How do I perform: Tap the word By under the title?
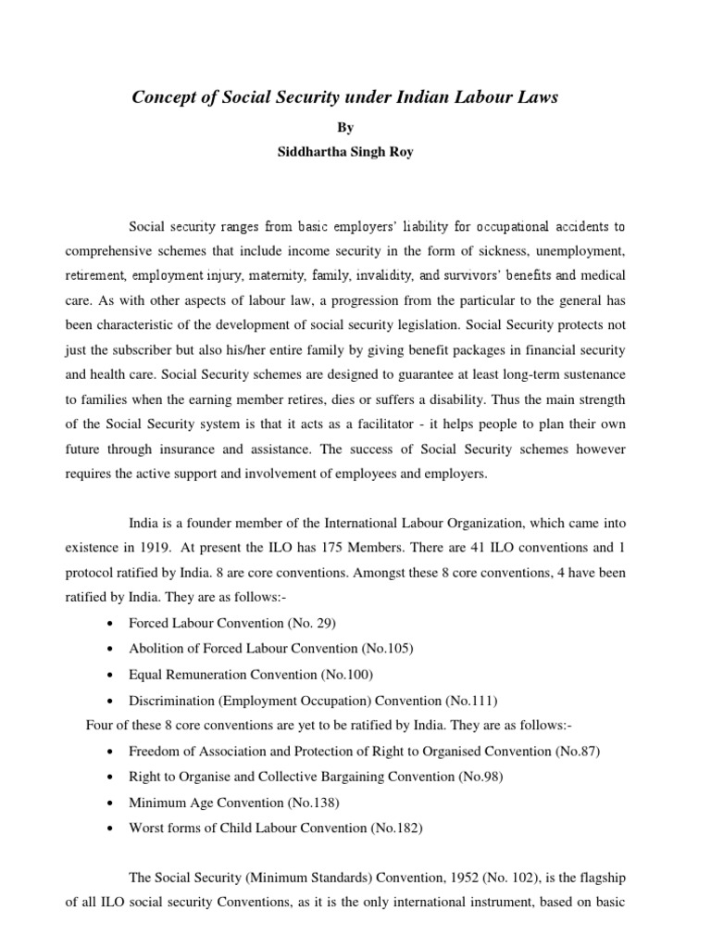355,126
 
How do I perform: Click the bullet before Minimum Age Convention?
111,802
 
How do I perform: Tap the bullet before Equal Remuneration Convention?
111,675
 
